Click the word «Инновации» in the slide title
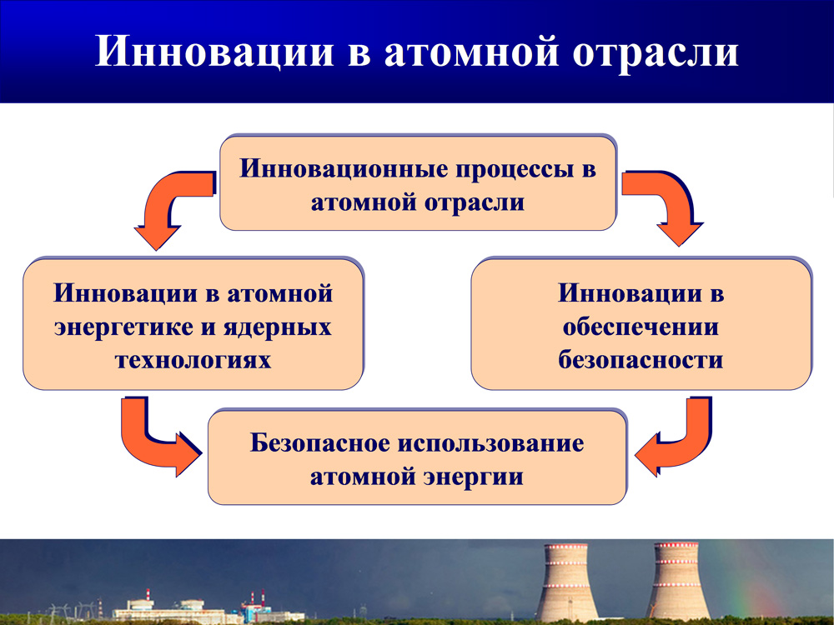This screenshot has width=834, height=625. click(x=214, y=51)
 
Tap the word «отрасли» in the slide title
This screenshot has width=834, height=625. click(x=656, y=52)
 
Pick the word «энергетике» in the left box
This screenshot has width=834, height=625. click(x=123, y=327)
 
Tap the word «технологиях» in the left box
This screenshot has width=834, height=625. click(x=193, y=360)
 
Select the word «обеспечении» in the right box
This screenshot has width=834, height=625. click(x=641, y=327)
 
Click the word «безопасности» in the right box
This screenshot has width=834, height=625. click(x=641, y=360)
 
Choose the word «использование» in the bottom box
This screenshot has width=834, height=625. click(x=490, y=442)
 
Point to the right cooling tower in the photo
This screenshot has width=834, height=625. click(x=677, y=582)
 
